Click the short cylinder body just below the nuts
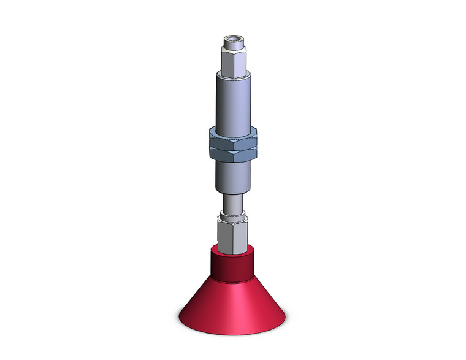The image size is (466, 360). coord(233,175)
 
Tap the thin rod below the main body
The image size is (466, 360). coord(232,202)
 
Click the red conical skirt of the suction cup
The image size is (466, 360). coord(232,304)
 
